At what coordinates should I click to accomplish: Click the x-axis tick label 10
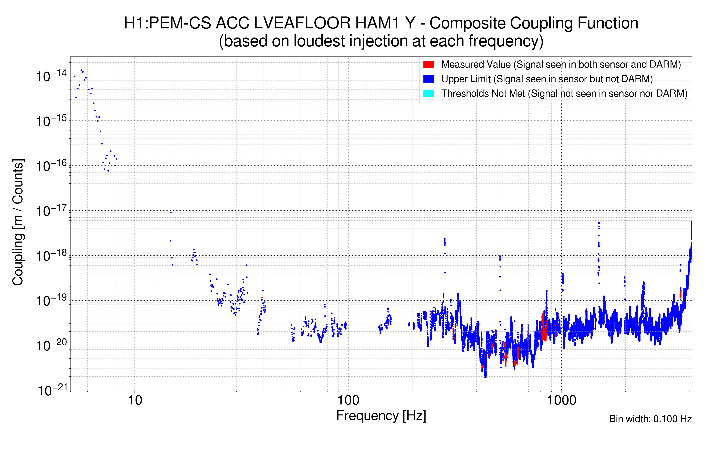point(135,400)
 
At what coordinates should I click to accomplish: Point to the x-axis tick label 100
point(348,400)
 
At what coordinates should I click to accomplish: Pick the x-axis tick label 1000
point(561,400)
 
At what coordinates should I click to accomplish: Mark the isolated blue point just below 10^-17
point(171,213)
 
